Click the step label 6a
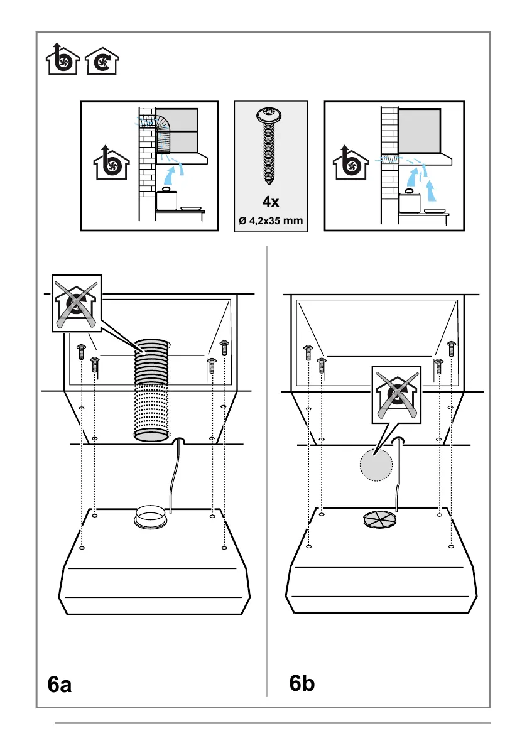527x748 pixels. (x=60, y=684)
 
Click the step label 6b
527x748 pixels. (x=302, y=683)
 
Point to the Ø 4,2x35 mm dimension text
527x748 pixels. (x=271, y=220)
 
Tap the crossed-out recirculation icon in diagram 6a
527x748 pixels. (x=76, y=304)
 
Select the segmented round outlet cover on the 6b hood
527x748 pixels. (x=380, y=519)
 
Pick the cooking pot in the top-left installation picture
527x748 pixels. (x=166, y=200)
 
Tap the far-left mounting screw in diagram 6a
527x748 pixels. (x=81, y=352)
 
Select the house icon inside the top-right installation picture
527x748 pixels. (x=354, y=163)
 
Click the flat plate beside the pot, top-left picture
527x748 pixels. (x=190, y=209)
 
